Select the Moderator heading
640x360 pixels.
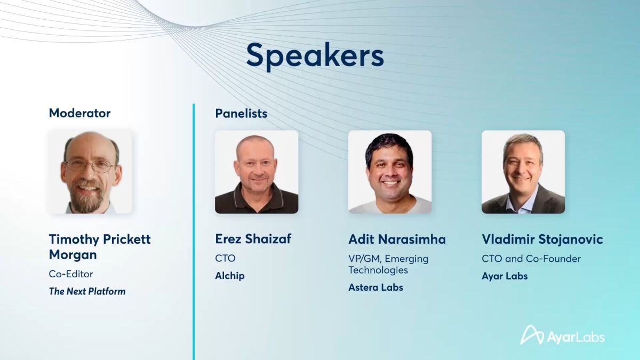(x=79, y=113)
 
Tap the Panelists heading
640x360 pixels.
(x=241, y=114)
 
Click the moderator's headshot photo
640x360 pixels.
(x=90, y=172)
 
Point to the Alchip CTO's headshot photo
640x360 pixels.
(x=257, y=172)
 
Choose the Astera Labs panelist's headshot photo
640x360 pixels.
(x=390, y=172)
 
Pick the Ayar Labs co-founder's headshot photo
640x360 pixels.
(x=523, y=172)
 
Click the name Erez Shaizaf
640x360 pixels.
(x=253, y=239)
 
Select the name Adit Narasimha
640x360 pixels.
(x=397, y=239)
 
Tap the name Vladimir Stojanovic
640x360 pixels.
(x=542, y=239)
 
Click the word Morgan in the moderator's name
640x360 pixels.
(x=73, y=255)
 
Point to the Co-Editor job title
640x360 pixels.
(x=71, y=274)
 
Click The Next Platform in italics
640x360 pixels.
(x=87, y=291)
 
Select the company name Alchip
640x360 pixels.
(x=230, y=276)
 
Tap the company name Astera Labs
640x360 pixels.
(x=375, y=287)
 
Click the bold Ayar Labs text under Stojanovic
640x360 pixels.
(x=505, y=276)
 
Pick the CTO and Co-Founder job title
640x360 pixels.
(x=531, y=259)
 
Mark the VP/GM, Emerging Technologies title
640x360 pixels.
(x=388, y=265)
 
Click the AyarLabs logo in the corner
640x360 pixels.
(x=562, y=335)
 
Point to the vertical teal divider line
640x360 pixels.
(x=194, y=231)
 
